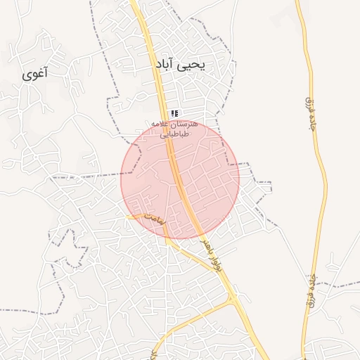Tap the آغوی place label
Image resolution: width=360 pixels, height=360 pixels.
tap(34, 74)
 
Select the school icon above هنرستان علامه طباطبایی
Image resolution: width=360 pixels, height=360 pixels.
tap(174, 113)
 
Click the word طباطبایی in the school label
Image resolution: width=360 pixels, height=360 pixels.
tap(174, 134)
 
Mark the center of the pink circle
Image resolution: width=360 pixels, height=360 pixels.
tap(180, 179)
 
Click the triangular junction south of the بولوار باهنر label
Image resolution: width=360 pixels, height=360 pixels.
tap(233, 300)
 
